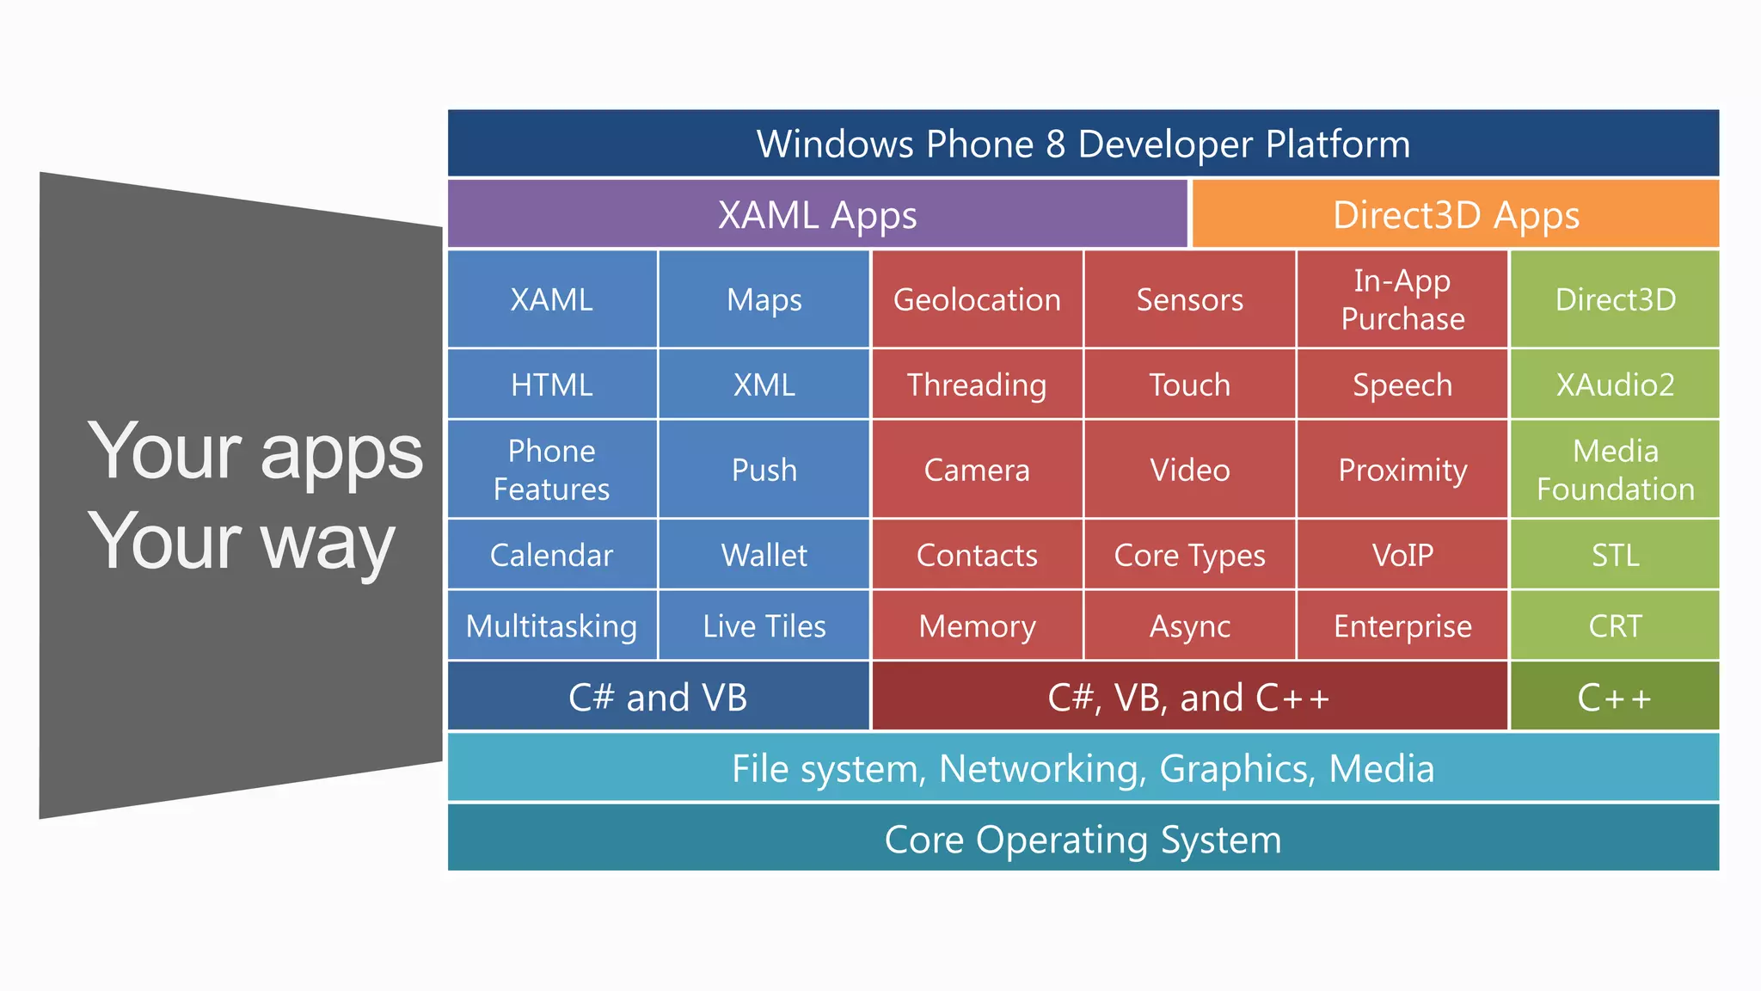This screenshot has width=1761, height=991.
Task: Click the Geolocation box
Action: point(977,299)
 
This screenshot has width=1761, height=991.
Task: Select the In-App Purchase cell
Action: point(1402,299)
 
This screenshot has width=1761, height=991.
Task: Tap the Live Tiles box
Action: point(764,625)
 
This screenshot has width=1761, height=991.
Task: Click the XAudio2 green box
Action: point(1615,385)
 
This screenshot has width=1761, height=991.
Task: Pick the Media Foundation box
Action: point(1615,470)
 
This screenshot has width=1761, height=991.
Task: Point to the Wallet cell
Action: point(764,555)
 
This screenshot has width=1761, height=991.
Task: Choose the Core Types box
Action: point(1189,555)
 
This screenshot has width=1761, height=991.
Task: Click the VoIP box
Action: point(1402,555)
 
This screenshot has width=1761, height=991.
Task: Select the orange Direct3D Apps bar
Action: point(1456,214)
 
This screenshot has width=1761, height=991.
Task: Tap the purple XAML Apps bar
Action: point(817,214)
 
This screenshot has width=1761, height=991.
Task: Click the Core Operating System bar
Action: point(1083,839)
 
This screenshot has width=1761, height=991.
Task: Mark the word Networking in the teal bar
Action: point(1042,769)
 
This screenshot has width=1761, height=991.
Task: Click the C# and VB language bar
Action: point(658,697)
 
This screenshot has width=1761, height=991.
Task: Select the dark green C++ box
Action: point(1615,697)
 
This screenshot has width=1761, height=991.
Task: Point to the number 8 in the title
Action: point(1055,145)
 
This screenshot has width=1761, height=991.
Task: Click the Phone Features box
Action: point(551,470)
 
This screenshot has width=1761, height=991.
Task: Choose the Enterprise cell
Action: point(1402,625)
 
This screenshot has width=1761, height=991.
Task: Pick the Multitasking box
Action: point(551,625)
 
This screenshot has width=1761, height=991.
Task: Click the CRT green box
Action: point(1615,625)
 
